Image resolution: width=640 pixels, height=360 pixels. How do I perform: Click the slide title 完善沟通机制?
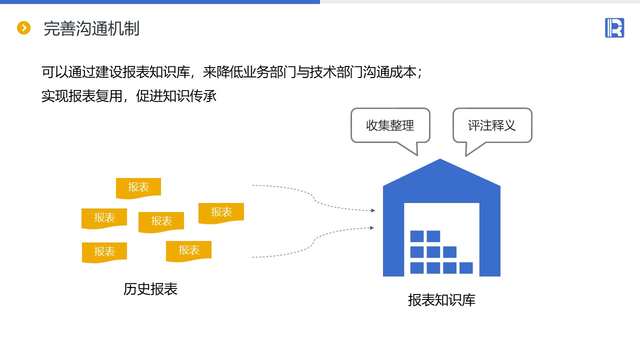point(91,28)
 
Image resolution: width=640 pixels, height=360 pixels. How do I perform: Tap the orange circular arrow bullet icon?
point(23,28)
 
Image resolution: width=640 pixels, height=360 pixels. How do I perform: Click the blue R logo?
point(614,27)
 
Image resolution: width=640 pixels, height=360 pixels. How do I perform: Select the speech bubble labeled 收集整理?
point(390,125)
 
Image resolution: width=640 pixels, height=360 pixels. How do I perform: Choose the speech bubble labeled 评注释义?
point(492,125)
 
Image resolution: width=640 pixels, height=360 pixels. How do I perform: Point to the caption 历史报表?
point(150,289)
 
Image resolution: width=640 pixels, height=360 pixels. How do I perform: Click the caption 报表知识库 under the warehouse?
point(441,300)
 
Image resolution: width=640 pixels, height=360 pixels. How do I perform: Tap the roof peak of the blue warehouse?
point(440,161)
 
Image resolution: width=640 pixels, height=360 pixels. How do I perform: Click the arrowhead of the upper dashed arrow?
point(373,210)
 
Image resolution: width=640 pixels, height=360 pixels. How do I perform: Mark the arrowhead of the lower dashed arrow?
point(372,228)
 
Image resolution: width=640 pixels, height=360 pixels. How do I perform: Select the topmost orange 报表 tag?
point(138,187)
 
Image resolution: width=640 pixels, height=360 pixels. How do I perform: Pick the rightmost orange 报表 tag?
point(221,212)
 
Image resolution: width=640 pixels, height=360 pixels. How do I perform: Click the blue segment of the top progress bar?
point(160,2)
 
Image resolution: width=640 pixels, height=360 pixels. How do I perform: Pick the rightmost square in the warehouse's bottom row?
point(466,268)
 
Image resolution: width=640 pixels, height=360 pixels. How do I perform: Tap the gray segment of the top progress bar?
point(480,2)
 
